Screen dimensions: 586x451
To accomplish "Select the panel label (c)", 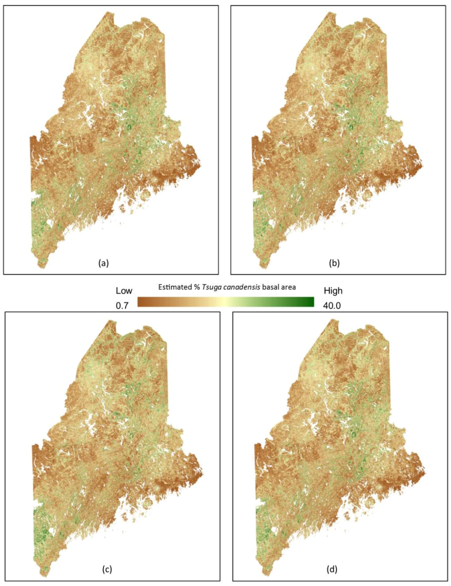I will (107, 569).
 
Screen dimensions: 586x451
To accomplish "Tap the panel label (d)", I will (332, 569).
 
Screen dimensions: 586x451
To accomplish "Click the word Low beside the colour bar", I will (124, 291).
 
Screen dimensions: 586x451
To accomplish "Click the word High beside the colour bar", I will (333, 291).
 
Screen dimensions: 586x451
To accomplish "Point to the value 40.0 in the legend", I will (332, 306).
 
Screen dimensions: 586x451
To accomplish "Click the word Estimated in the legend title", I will (175, 287).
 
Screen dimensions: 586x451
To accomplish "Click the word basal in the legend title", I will (270, 287).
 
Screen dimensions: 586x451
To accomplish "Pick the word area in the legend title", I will (288, 287).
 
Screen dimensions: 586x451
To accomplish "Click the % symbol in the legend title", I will (196, 287).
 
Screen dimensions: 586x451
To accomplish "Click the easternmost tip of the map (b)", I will (422, 164).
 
